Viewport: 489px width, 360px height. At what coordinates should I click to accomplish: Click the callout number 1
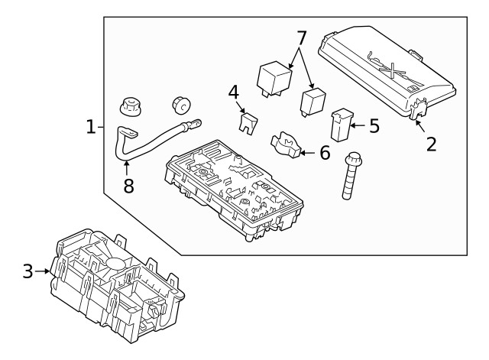pos(90,126)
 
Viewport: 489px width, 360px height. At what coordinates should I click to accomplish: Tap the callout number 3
pos(28,271)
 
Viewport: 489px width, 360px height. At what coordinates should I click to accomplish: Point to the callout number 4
pos(234,93)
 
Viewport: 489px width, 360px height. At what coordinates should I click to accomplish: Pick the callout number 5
pos(374,125)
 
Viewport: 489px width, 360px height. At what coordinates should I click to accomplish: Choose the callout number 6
pos(325,153)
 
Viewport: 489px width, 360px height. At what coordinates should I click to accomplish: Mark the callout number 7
pos(301,37)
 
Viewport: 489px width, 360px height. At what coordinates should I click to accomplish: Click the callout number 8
pos(128,185)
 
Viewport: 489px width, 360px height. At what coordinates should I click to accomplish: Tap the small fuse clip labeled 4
pos(247,122)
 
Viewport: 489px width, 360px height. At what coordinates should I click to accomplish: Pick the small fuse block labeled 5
pos(341,126)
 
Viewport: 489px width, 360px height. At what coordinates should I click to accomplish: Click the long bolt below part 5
pos(351,177)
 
